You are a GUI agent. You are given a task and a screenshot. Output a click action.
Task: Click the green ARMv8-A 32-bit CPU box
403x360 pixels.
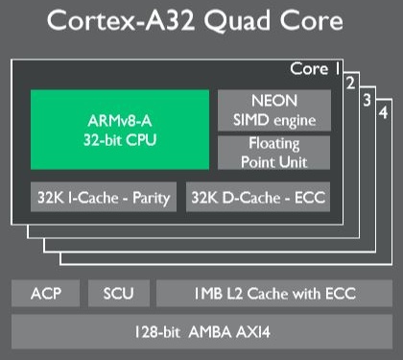click(119, 131)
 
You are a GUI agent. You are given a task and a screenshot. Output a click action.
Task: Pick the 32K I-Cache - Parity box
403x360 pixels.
click(104, 199)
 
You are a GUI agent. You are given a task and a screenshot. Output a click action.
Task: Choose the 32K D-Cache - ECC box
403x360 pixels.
click(255, 199)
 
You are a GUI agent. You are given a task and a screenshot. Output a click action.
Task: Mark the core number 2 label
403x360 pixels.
click(353, 82)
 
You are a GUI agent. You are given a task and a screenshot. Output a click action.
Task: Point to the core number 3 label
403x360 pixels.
click(368, 98)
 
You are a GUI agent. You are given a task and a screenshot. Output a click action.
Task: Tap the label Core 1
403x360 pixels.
click(315, 69)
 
